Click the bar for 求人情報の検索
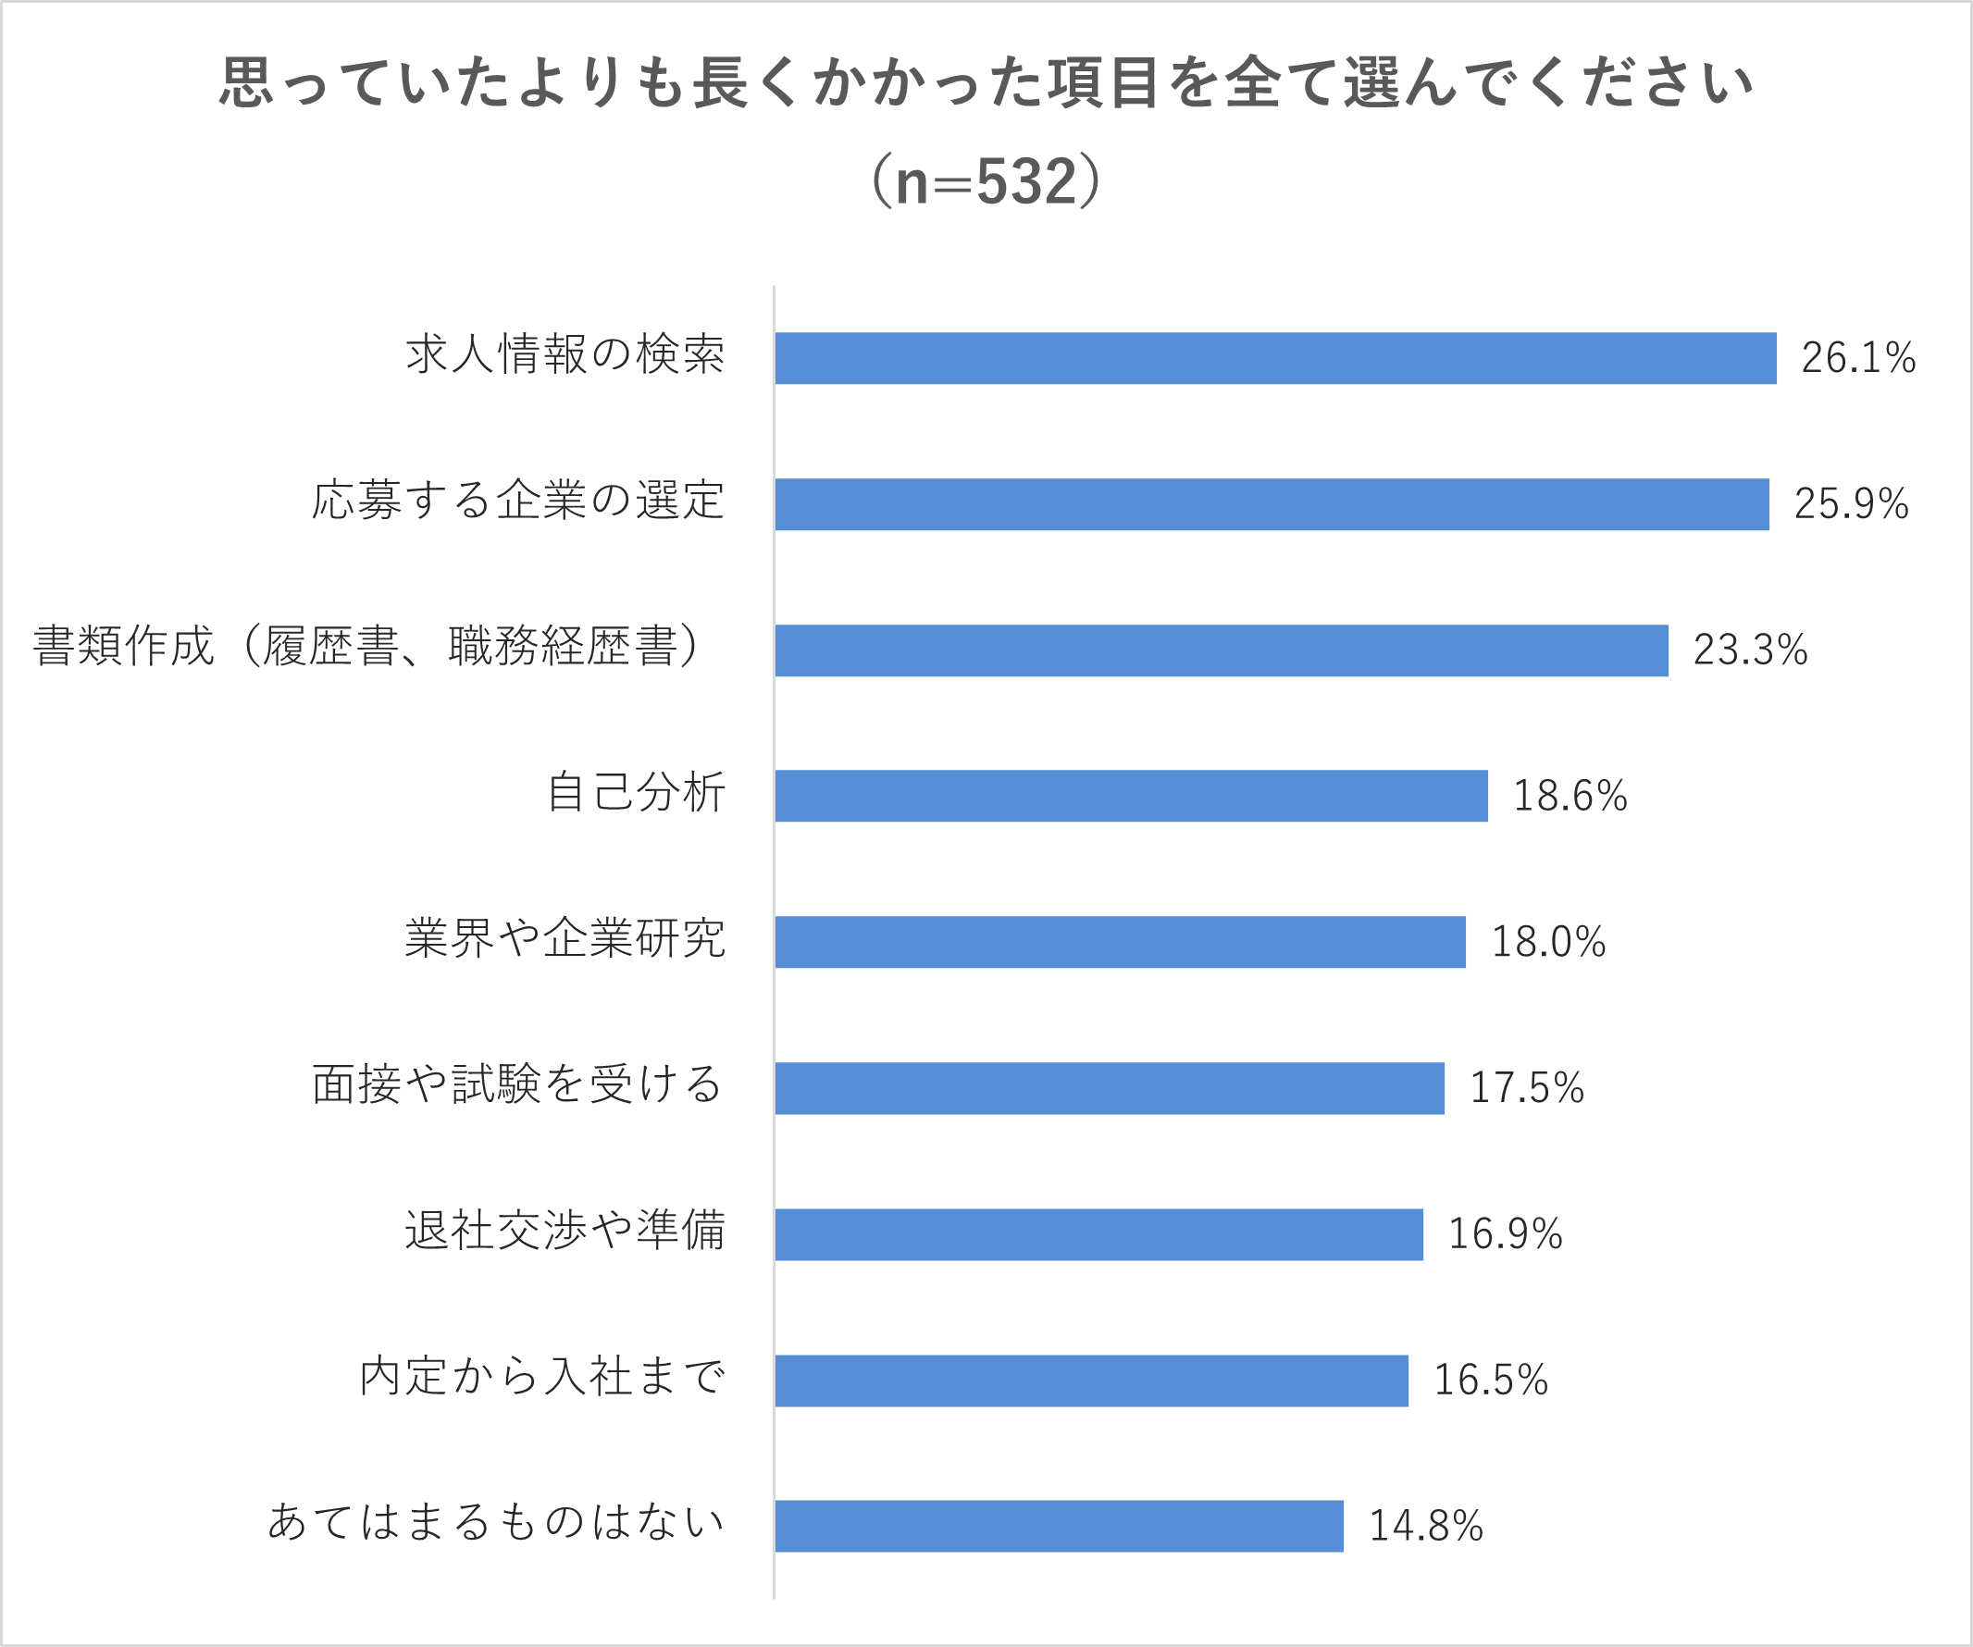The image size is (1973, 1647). coord(1275,358)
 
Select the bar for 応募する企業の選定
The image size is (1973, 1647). coord(1272,504)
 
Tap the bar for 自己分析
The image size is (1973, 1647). coord(1131,796)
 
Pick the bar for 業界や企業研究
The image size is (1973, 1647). coord(1120,941)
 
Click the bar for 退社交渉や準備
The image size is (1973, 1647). coord(1098,1234)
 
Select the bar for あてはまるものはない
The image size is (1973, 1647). coord(1059,1526)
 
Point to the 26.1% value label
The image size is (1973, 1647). coord(1857,358)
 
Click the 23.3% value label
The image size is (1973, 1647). coord(1749,650)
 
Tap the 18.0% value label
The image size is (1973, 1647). coord(1548,942)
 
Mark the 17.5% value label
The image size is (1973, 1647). coord(1527,1088)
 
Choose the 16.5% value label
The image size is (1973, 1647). coord(1490,1381)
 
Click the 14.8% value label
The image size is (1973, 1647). coord(1425,1526)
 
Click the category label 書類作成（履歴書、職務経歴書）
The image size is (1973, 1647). coord(368,648)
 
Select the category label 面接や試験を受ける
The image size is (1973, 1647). coord(516,1084)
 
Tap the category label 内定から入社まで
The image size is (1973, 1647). coord(542,1377)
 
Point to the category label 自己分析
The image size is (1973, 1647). coord(636,792)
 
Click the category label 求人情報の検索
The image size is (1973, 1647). coord(565,354)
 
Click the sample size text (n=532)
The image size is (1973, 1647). coord(986,181)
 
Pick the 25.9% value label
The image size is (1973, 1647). coord(1851,504)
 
